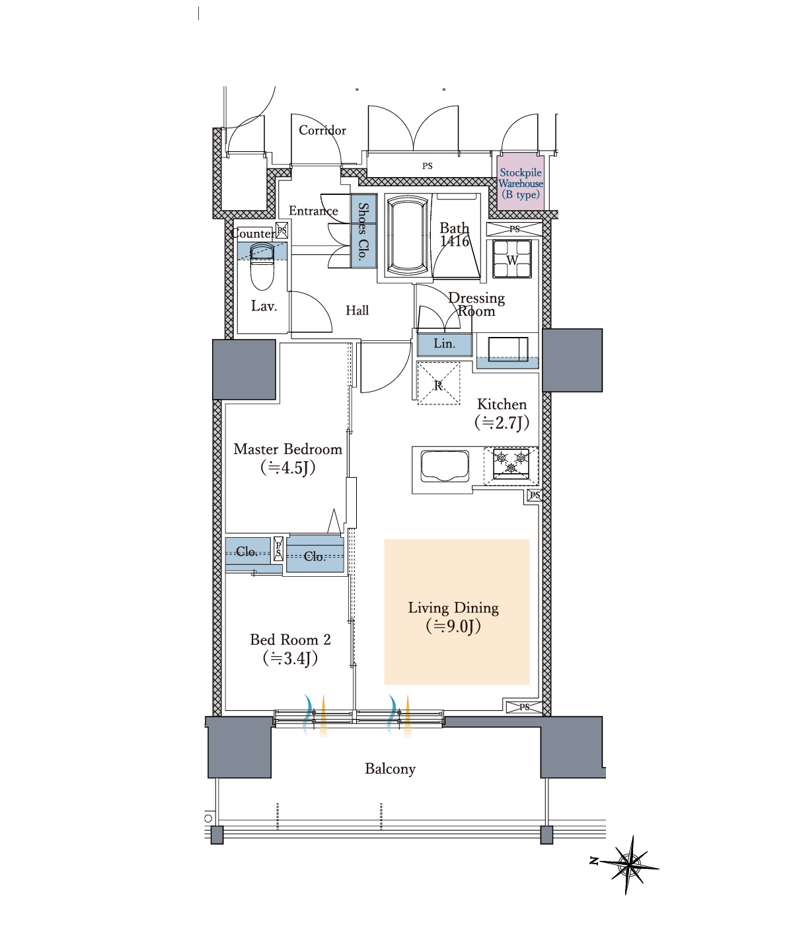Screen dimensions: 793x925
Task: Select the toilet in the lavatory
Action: tap(262, 266)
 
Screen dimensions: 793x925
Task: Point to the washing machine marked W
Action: tap(512, 259)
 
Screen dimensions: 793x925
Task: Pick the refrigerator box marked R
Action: tap(439, 383)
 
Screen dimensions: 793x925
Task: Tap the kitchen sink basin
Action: tap(445, 466)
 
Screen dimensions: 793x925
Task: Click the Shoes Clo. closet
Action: tap(363, 231)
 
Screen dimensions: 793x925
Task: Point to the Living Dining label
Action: tap(453, 608)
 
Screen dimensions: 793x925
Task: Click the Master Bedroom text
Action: tap(287, 449)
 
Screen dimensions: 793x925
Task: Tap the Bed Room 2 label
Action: tap(291, 640)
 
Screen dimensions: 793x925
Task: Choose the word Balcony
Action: tap(391, 769)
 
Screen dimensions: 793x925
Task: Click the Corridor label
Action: tap(322, 130)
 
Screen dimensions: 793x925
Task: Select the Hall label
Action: tap(357, 310)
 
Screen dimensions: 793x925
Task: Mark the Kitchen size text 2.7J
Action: tap(502, 422)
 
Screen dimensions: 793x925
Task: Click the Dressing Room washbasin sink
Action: tap(508, 350)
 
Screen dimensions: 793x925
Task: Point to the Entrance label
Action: tap(313, 210)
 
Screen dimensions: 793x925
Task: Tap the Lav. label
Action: tap(264, 306)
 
